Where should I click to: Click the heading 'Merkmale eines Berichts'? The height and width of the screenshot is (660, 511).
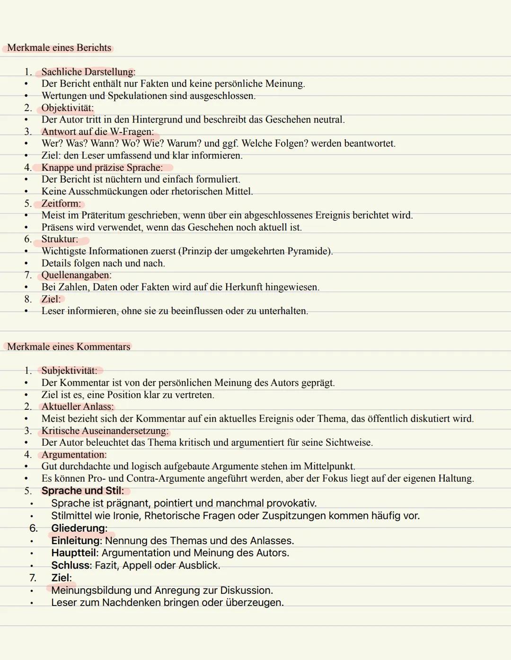tap(59, 48)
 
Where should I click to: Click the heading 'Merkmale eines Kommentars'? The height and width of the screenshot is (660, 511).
tap(69, 347)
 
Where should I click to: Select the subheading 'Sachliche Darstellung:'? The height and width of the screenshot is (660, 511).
tap(88, 72)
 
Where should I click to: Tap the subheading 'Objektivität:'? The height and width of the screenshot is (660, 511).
tap(67, 108)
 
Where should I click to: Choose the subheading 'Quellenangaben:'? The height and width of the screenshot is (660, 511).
tap(76, 275)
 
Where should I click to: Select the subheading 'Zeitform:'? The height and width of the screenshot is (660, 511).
tap(61, 203)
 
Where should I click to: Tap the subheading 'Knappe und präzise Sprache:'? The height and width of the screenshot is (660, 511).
tap(102, 167)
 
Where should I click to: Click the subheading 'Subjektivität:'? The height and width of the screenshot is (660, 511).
tap(69, 370)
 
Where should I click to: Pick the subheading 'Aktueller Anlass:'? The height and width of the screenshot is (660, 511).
tap(78, 406)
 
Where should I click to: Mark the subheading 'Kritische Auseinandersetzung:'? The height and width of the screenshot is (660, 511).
tap(105, 431)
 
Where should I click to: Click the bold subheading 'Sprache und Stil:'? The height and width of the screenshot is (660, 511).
tap(82, 491)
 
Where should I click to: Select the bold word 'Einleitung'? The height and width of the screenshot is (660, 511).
tap(76, 541)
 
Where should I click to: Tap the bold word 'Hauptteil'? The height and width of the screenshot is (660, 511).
tap(74, 553)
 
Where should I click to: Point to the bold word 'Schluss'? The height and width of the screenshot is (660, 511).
tap(71, 565)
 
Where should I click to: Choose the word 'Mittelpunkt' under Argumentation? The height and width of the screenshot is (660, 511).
tap(329, 466)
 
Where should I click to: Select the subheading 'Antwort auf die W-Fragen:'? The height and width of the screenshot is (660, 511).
tap(97, 132)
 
